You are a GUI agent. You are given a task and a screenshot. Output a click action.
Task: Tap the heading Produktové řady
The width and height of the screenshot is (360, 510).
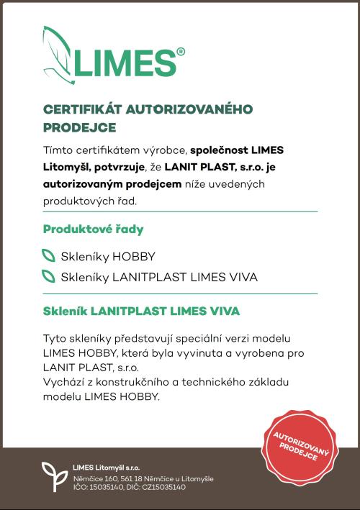pyautogui.click(x=93, y=229)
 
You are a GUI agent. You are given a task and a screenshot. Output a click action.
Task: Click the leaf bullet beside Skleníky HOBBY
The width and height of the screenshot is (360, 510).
pyautogui.click(x=48, y=255)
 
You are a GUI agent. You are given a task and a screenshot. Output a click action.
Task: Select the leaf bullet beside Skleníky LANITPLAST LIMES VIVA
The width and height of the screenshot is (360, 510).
pyautogui.click(x=48, y=276)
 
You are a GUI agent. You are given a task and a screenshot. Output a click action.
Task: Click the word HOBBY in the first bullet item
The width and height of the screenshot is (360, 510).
pyautogui.click(x=134, y=256)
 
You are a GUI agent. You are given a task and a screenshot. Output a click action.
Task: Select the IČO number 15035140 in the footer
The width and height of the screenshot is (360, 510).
pyautogui.click(x=110, y=488)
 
